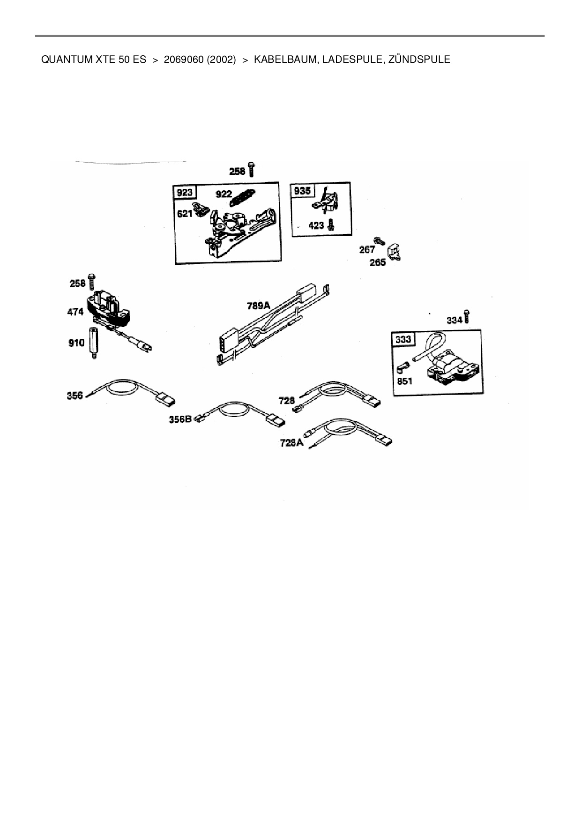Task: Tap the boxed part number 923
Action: (185, 193)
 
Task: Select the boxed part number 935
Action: (302, 191)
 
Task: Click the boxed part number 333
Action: (403, 339)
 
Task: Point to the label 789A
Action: (259, 306)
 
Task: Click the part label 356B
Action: (180, 419)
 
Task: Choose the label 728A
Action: (291, 442)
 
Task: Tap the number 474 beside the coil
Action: (75, 312)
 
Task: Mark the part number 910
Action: (76, 343)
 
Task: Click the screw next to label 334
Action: (467, 317)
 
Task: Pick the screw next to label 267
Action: (379, 241)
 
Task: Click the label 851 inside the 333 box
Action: (404, 381)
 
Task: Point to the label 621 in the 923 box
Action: (185, 214)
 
